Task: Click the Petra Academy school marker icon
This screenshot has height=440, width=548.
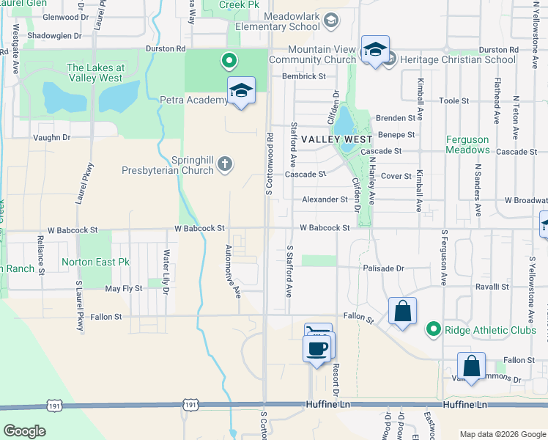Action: (241, 90)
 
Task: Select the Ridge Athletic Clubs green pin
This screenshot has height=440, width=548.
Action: (434, 329)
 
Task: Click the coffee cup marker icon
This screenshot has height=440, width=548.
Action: (317, 348)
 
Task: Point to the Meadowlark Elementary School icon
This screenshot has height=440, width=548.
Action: (331, 20)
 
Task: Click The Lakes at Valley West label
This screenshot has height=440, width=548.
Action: (96, 73)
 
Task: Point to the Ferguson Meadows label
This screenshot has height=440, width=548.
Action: (467, 144)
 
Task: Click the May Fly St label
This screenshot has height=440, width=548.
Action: (123, 289)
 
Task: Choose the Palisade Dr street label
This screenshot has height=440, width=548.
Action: (383, 268)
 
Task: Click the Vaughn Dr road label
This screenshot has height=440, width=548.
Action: (51, 137)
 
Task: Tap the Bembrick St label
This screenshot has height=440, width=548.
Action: (303, 76)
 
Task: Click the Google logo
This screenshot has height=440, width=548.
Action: (24, 431)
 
